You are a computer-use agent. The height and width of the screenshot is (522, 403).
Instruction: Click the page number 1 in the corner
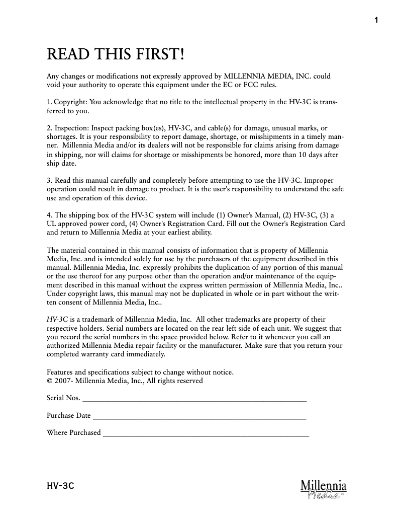coord(375,20)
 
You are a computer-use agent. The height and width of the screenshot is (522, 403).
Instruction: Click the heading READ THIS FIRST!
coord(116,54)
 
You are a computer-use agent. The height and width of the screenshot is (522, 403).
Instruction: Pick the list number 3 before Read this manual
coord(49,180)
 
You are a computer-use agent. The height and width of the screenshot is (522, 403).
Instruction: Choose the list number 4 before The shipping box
coord(49,215)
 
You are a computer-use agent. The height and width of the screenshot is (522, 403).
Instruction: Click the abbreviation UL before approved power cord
coord(52,223)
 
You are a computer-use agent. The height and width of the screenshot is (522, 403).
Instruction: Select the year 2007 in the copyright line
coord(63,381)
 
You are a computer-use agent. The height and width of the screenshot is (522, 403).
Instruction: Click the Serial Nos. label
coord(63,398)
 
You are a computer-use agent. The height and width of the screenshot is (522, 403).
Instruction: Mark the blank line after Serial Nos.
coord(194,400)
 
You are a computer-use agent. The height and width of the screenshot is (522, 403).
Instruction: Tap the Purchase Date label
coord(69,416)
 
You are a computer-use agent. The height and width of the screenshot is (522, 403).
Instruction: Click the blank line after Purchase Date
coord(199,418)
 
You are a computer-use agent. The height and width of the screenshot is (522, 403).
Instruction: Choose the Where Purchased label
coord(74,433)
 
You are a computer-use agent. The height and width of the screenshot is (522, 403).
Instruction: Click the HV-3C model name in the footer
coord(60,486)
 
